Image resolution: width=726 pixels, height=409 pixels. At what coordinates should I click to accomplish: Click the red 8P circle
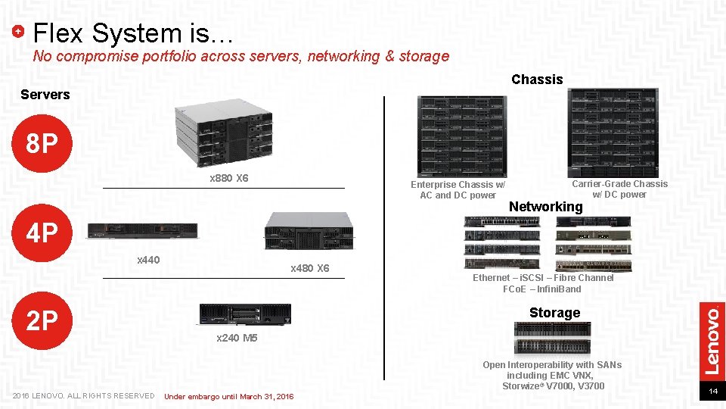(42, 143)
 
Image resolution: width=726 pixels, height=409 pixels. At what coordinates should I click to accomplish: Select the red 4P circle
(42, 233)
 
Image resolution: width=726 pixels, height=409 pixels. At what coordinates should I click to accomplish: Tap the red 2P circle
(42, 321)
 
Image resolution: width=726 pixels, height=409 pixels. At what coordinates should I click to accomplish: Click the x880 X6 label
(228, 179)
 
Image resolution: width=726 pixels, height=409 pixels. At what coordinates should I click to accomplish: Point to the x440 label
(148, 261)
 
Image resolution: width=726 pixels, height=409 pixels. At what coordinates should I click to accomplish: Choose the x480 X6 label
(310, 269)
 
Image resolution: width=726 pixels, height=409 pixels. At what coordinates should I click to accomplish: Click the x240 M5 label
(237, 338)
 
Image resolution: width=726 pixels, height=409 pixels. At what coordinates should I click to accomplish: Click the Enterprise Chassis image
(462, 136)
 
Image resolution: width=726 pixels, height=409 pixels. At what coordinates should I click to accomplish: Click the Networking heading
(545, 207)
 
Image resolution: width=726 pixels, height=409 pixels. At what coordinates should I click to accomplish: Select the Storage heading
(554, 313)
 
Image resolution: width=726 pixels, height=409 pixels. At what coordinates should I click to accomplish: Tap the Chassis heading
(537, 80)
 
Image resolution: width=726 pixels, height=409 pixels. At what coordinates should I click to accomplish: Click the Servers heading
(45, 95)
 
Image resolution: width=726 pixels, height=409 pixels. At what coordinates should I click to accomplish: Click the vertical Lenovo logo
(712, 339)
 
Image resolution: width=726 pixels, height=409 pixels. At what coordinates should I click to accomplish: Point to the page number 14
(712, 392)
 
